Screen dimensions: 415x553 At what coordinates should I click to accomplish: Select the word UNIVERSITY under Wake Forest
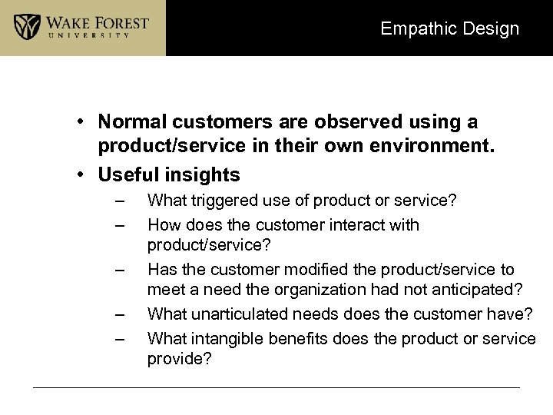[x=97, y=35]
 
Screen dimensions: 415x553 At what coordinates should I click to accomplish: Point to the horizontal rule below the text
[x=276, y=387]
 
